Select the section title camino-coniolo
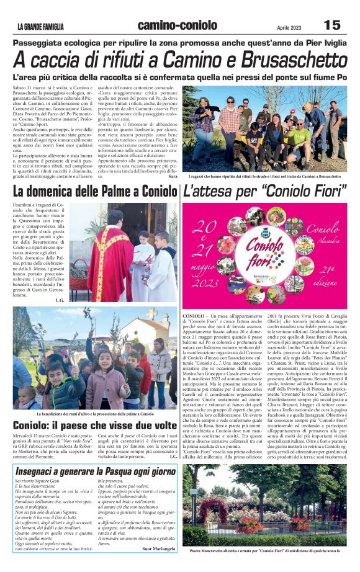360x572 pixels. (178, 25)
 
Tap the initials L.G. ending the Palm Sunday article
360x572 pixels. (60, 300)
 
